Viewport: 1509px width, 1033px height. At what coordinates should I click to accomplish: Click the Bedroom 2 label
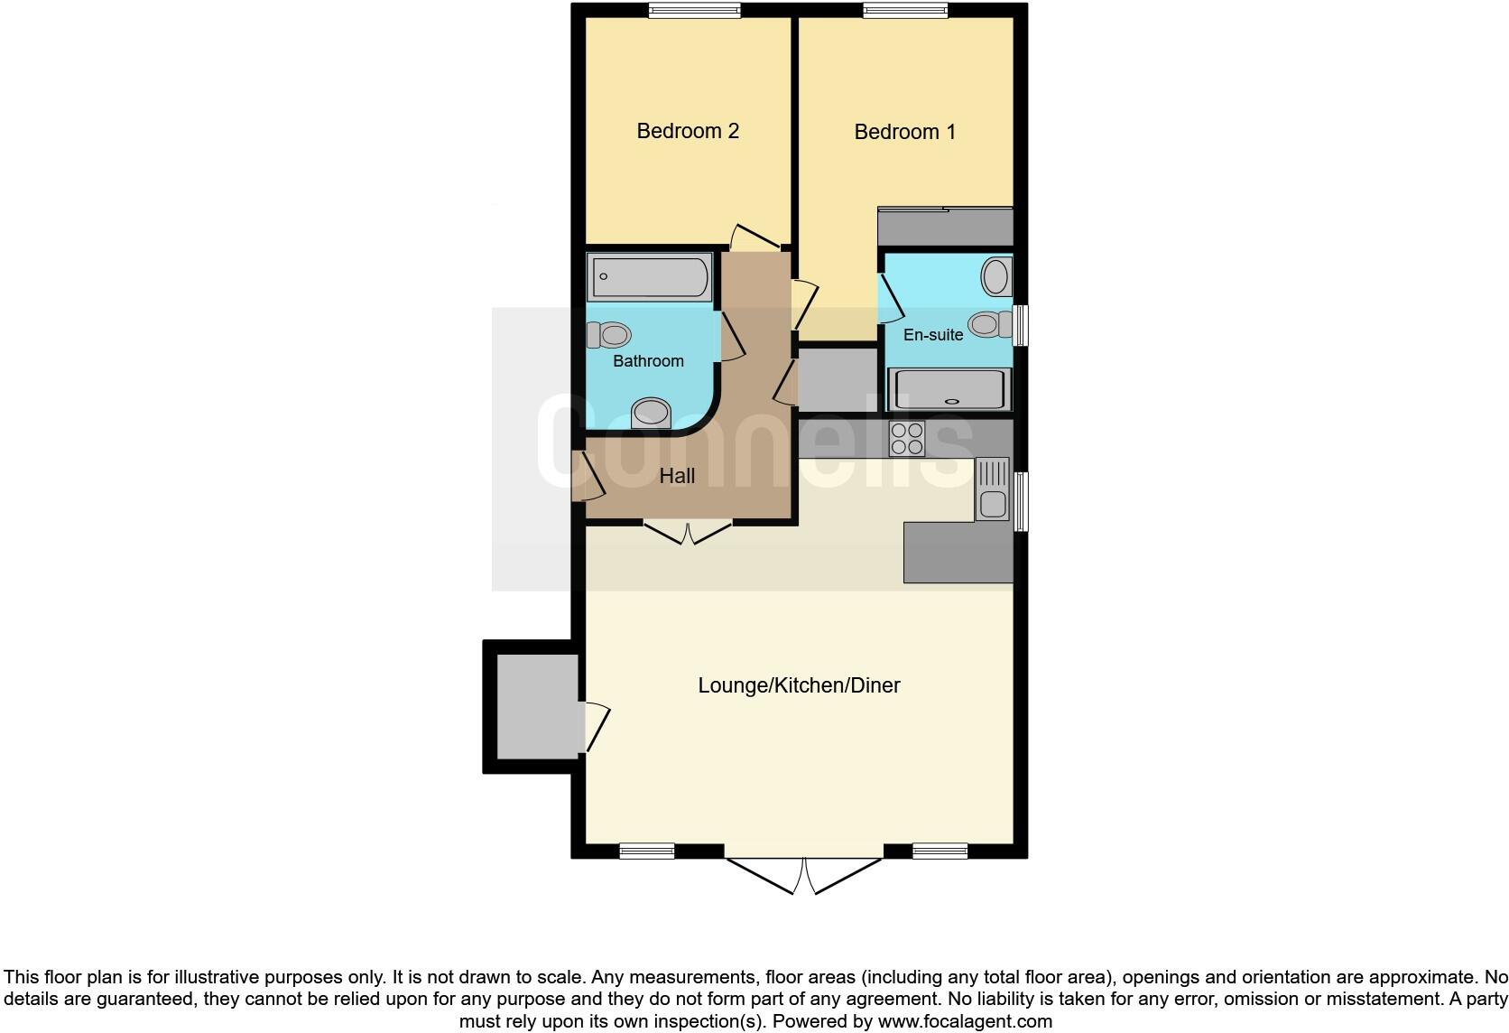click(x=688, y=131)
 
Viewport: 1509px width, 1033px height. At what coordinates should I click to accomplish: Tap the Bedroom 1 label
click(x=904, y=132)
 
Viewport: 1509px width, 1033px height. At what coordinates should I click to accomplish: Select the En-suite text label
click(x=933, y=335)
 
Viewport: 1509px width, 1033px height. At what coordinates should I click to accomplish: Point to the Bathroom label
click(x=648, y=361)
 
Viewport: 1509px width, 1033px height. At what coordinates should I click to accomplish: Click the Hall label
click(x=677, y=476)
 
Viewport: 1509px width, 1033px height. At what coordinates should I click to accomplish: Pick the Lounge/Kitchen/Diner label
click(x=799, y=685)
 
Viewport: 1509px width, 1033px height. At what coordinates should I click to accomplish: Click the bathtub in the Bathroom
click(x=650, y=277)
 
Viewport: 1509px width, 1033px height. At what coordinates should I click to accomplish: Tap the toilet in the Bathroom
click(x=610, y=335)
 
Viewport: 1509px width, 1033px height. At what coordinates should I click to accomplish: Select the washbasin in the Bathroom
click(x=651, y=414)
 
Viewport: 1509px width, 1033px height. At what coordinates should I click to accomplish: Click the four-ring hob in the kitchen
click(x=907, y=439)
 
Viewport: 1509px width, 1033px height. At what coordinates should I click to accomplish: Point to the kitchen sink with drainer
click(x=992, y=489)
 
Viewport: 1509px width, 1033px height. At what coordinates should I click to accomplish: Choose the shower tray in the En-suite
click(x=949, y=390)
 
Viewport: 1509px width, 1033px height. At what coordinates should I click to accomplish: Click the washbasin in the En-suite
click(x=996, y=276)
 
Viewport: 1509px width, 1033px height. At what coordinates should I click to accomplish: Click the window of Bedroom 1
click(x=905, y=11)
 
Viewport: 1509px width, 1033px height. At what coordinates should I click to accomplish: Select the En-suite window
click(x=1021, y=325)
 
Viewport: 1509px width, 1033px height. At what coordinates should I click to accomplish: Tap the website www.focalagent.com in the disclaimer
click(x=965, y=1022)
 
